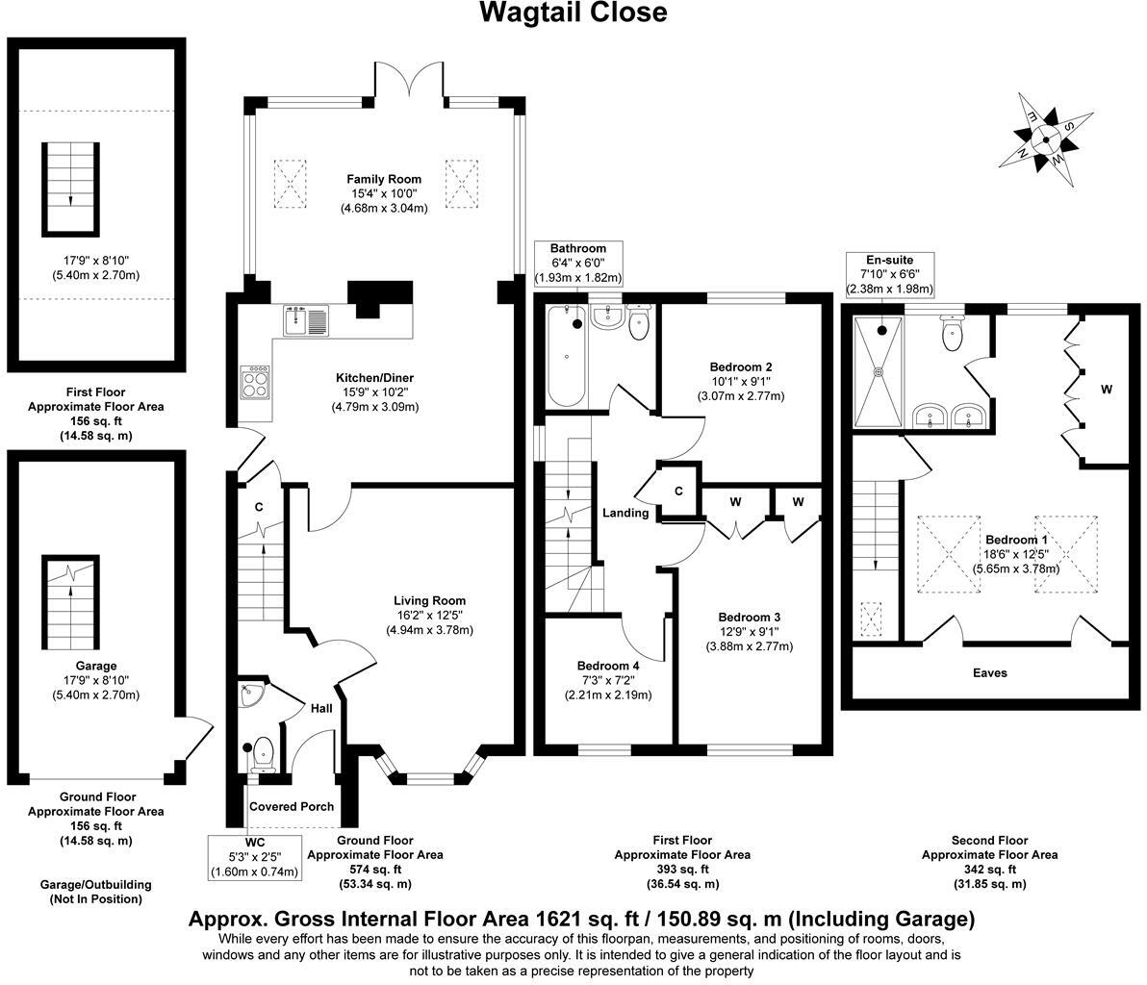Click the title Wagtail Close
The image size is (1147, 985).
[x=573, y=13]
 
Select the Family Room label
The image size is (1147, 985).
[x=385, y=179]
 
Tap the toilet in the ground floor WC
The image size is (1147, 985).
[x=262, y=755]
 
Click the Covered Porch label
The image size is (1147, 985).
[x=292, y=806]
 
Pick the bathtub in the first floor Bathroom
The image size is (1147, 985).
[x=566, y=356]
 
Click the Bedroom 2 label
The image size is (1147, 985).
[x=741, y=366]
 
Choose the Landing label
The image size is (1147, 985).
[x=625, y=513]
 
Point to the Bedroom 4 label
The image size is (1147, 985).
[x=608, y=666]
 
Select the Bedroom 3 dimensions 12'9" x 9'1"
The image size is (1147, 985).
[x=749, y=632]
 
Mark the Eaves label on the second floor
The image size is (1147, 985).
[x=989, y=672]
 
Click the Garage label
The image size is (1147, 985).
[x=96, y=666]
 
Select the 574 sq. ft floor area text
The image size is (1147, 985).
[x=374, y=870]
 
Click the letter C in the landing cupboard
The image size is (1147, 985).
[x=678, y=492]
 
